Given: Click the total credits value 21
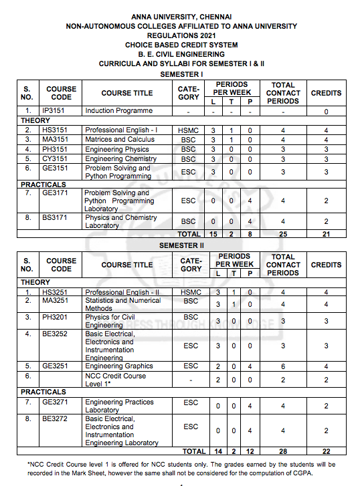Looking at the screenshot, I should (326, 234).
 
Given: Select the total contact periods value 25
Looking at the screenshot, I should (283, 234).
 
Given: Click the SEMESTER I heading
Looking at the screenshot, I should (181, 74).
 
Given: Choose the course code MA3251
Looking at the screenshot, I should (56, 301).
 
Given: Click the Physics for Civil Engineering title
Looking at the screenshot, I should (110, 321).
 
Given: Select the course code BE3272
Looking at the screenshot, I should (56, 418).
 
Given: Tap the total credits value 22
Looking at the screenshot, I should (326, 452).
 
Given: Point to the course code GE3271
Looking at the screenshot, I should (56, 402).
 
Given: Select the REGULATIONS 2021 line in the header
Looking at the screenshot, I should (181, 35).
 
